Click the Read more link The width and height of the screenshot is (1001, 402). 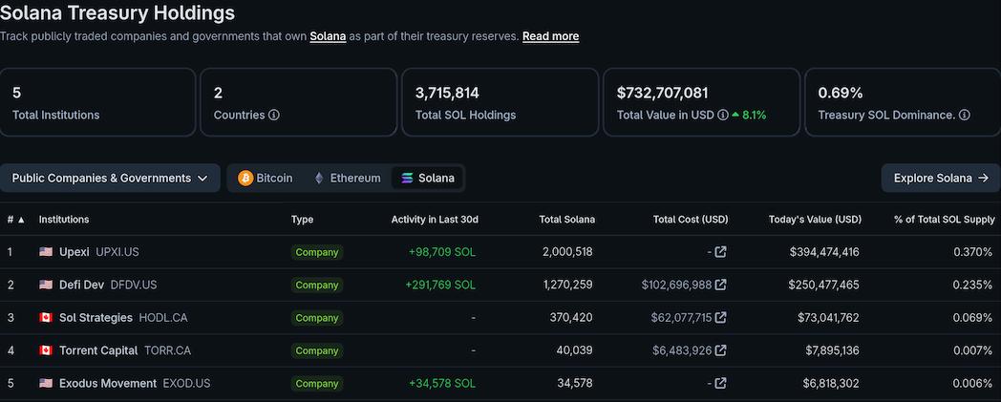coord(550,36)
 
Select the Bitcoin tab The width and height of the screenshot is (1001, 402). coord(266,178)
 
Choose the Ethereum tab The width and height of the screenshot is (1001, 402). coord(347,178)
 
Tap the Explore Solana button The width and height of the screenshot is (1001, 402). coord(940,178)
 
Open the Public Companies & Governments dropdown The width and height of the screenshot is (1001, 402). coord(110,178)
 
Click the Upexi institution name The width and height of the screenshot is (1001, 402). coord(74,252)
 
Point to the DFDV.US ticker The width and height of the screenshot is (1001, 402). coord(134,285)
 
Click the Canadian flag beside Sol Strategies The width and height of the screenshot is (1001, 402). coord(46,318)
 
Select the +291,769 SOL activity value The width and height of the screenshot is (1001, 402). coord(439,285)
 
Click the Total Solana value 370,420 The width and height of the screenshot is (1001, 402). coord(572,318)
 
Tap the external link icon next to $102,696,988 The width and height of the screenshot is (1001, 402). coord(721,285)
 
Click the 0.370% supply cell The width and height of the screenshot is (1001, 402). coord(972,252)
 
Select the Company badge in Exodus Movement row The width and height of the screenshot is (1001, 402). coord(317,384)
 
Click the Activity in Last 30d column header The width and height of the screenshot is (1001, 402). coord(435,220)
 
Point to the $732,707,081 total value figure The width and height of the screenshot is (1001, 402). coord(662,93)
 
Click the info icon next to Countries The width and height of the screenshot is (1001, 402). coord(274,116)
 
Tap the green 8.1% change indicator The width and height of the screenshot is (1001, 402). coord(749,116)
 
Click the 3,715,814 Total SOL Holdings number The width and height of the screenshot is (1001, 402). coord(447,93)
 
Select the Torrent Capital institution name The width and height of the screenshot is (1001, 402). coord(98,350)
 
